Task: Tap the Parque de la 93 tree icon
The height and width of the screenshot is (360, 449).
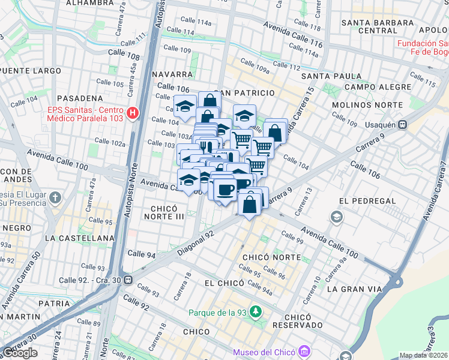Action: click(x=256, y=312)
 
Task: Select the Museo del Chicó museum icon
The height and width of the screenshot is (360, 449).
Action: click(x=304, y=350)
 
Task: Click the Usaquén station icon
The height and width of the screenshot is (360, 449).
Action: click(x=403, y=125)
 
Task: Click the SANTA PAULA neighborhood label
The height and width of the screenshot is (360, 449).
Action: click(x=331, y=76)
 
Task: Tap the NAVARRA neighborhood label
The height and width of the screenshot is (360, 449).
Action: click(x=172, y=74)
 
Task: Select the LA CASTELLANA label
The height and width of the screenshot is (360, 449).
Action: click(x=79, y=238)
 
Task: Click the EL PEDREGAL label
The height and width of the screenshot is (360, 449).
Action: click(x=367, y=200)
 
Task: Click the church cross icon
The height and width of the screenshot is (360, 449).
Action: click(x=55, y=197)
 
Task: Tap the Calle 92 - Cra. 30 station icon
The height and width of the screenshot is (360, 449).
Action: click(x=127, y=280)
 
